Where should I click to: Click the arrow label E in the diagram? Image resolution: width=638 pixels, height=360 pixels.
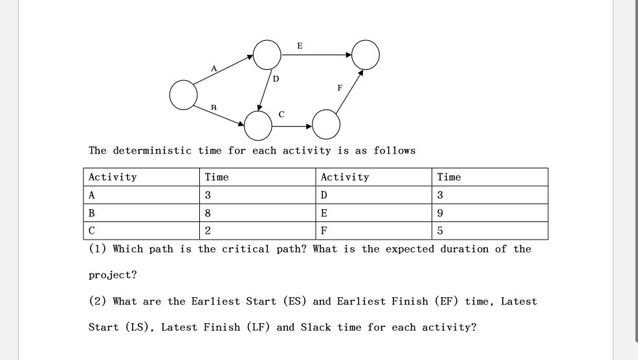pyautogui.click(x=299, y=45)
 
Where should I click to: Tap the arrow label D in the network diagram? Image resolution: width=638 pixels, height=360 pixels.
pyautogui.click(x=276, y=79)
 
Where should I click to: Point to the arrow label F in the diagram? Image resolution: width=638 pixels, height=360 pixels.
pyautogui.click(x=340, y=87)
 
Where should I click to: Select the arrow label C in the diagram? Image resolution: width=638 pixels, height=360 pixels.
pyautogui.click(x=281, y=114)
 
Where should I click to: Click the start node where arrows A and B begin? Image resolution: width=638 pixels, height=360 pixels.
pyautogui.click(x=183, y=95)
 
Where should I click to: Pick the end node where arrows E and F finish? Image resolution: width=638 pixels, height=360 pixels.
pyautogui.click(x=366, y=54)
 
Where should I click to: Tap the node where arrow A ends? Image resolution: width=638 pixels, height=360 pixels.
pyautogui.click(x=267, y=54)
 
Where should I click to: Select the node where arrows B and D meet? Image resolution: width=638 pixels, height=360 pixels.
pyautogui.click(x=258, y=126)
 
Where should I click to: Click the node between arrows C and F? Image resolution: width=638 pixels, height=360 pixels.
pyautogui.click(x=326, y=123)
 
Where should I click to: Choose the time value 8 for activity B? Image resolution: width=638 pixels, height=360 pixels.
pyautogui.click(x=208, y=213)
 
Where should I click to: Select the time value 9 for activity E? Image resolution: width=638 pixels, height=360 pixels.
pyautogui.click(x=441, y=213)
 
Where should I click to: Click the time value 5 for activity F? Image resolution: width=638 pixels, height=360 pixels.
pyautogui.click(x=441, y=231)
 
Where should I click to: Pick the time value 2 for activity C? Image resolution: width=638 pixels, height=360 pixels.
pyautogui.click(x=208, y=231)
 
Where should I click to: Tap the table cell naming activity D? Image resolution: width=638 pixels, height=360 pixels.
pyautogui.click(x=324, y=196)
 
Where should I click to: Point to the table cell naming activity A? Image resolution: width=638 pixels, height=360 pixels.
pyautogui.click(x=92, y=196)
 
